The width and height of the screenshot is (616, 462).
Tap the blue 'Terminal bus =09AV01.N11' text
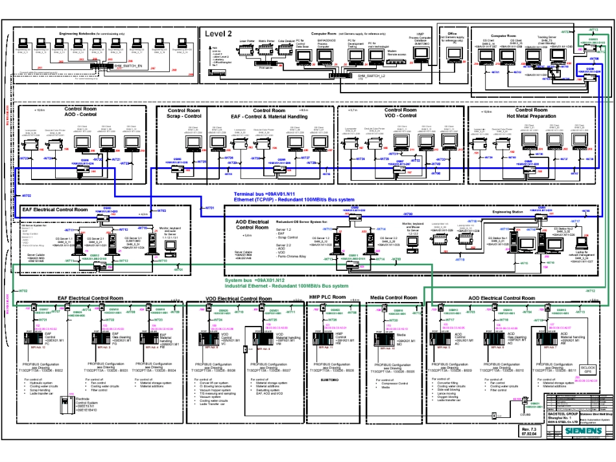pos(265,194)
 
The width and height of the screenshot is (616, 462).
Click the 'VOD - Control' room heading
pos(399,116)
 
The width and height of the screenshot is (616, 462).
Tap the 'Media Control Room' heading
pos(393,297)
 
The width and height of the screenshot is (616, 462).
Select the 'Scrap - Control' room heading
pos(184,116)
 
